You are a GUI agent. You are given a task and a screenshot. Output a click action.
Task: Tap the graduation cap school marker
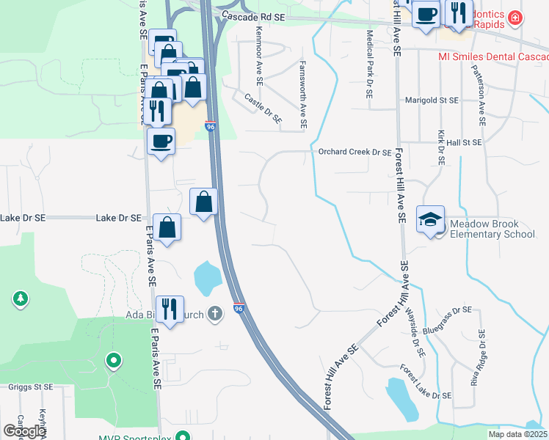coord(431,219)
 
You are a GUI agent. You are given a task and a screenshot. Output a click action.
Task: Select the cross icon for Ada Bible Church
coord(215,313)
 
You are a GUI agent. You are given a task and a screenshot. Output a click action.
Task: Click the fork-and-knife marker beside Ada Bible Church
coord(170,309)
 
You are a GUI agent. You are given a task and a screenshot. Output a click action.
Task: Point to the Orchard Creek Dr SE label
coord(355,153)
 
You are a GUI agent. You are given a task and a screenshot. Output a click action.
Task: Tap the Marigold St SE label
coord(432,100)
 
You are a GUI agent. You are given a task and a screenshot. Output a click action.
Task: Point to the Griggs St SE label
coord(32,386)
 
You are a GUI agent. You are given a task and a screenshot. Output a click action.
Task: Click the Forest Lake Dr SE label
coord(425,383)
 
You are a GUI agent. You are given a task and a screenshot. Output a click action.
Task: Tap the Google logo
coord(24,431)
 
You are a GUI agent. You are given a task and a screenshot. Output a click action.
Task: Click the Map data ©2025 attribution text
coord(518,434)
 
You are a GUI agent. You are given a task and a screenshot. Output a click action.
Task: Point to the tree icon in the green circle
coord(21,298)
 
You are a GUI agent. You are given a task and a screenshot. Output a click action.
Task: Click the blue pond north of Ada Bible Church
coord(207,276)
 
